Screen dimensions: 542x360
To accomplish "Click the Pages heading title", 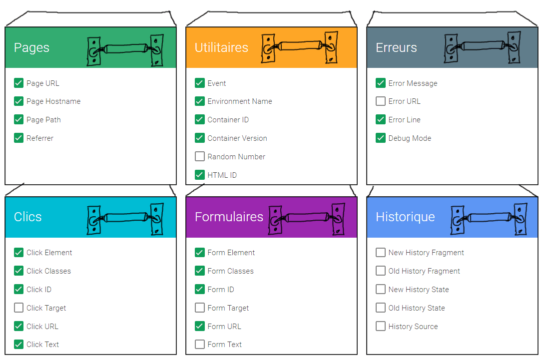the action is tap(31, 47).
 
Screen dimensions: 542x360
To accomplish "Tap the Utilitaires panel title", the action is tap(221, 47).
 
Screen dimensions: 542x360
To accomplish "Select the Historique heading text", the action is tap(405, 217).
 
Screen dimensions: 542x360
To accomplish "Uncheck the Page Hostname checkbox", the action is tap(18, 101).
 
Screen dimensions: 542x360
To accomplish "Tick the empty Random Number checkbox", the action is tap(200, 156).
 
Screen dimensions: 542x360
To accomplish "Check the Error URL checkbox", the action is tap(381, 101).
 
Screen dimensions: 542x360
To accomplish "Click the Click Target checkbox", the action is tap(18, 308).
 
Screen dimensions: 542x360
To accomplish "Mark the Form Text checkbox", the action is tap(200, 344).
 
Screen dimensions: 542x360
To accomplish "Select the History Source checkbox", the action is tap(381, 326).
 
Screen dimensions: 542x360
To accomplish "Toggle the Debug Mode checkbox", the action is tap(381, 138).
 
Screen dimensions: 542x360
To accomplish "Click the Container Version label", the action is tap(237, 138).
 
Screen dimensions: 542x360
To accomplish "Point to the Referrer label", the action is tap(40, 138).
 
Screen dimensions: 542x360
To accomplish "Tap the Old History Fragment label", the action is tap(424, 271).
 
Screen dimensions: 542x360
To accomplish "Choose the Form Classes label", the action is tap(231, 271).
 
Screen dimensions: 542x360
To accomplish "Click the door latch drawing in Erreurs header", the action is tap(483, 48).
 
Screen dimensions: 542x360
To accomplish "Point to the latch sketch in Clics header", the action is tap(125, 218).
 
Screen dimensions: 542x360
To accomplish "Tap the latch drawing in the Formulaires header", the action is tap(307, 218).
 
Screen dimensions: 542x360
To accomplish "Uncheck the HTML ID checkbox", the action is tap(200, 175).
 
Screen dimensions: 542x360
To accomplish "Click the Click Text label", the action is tap(42, 345).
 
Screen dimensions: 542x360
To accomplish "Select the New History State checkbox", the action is tap(381, 289).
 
